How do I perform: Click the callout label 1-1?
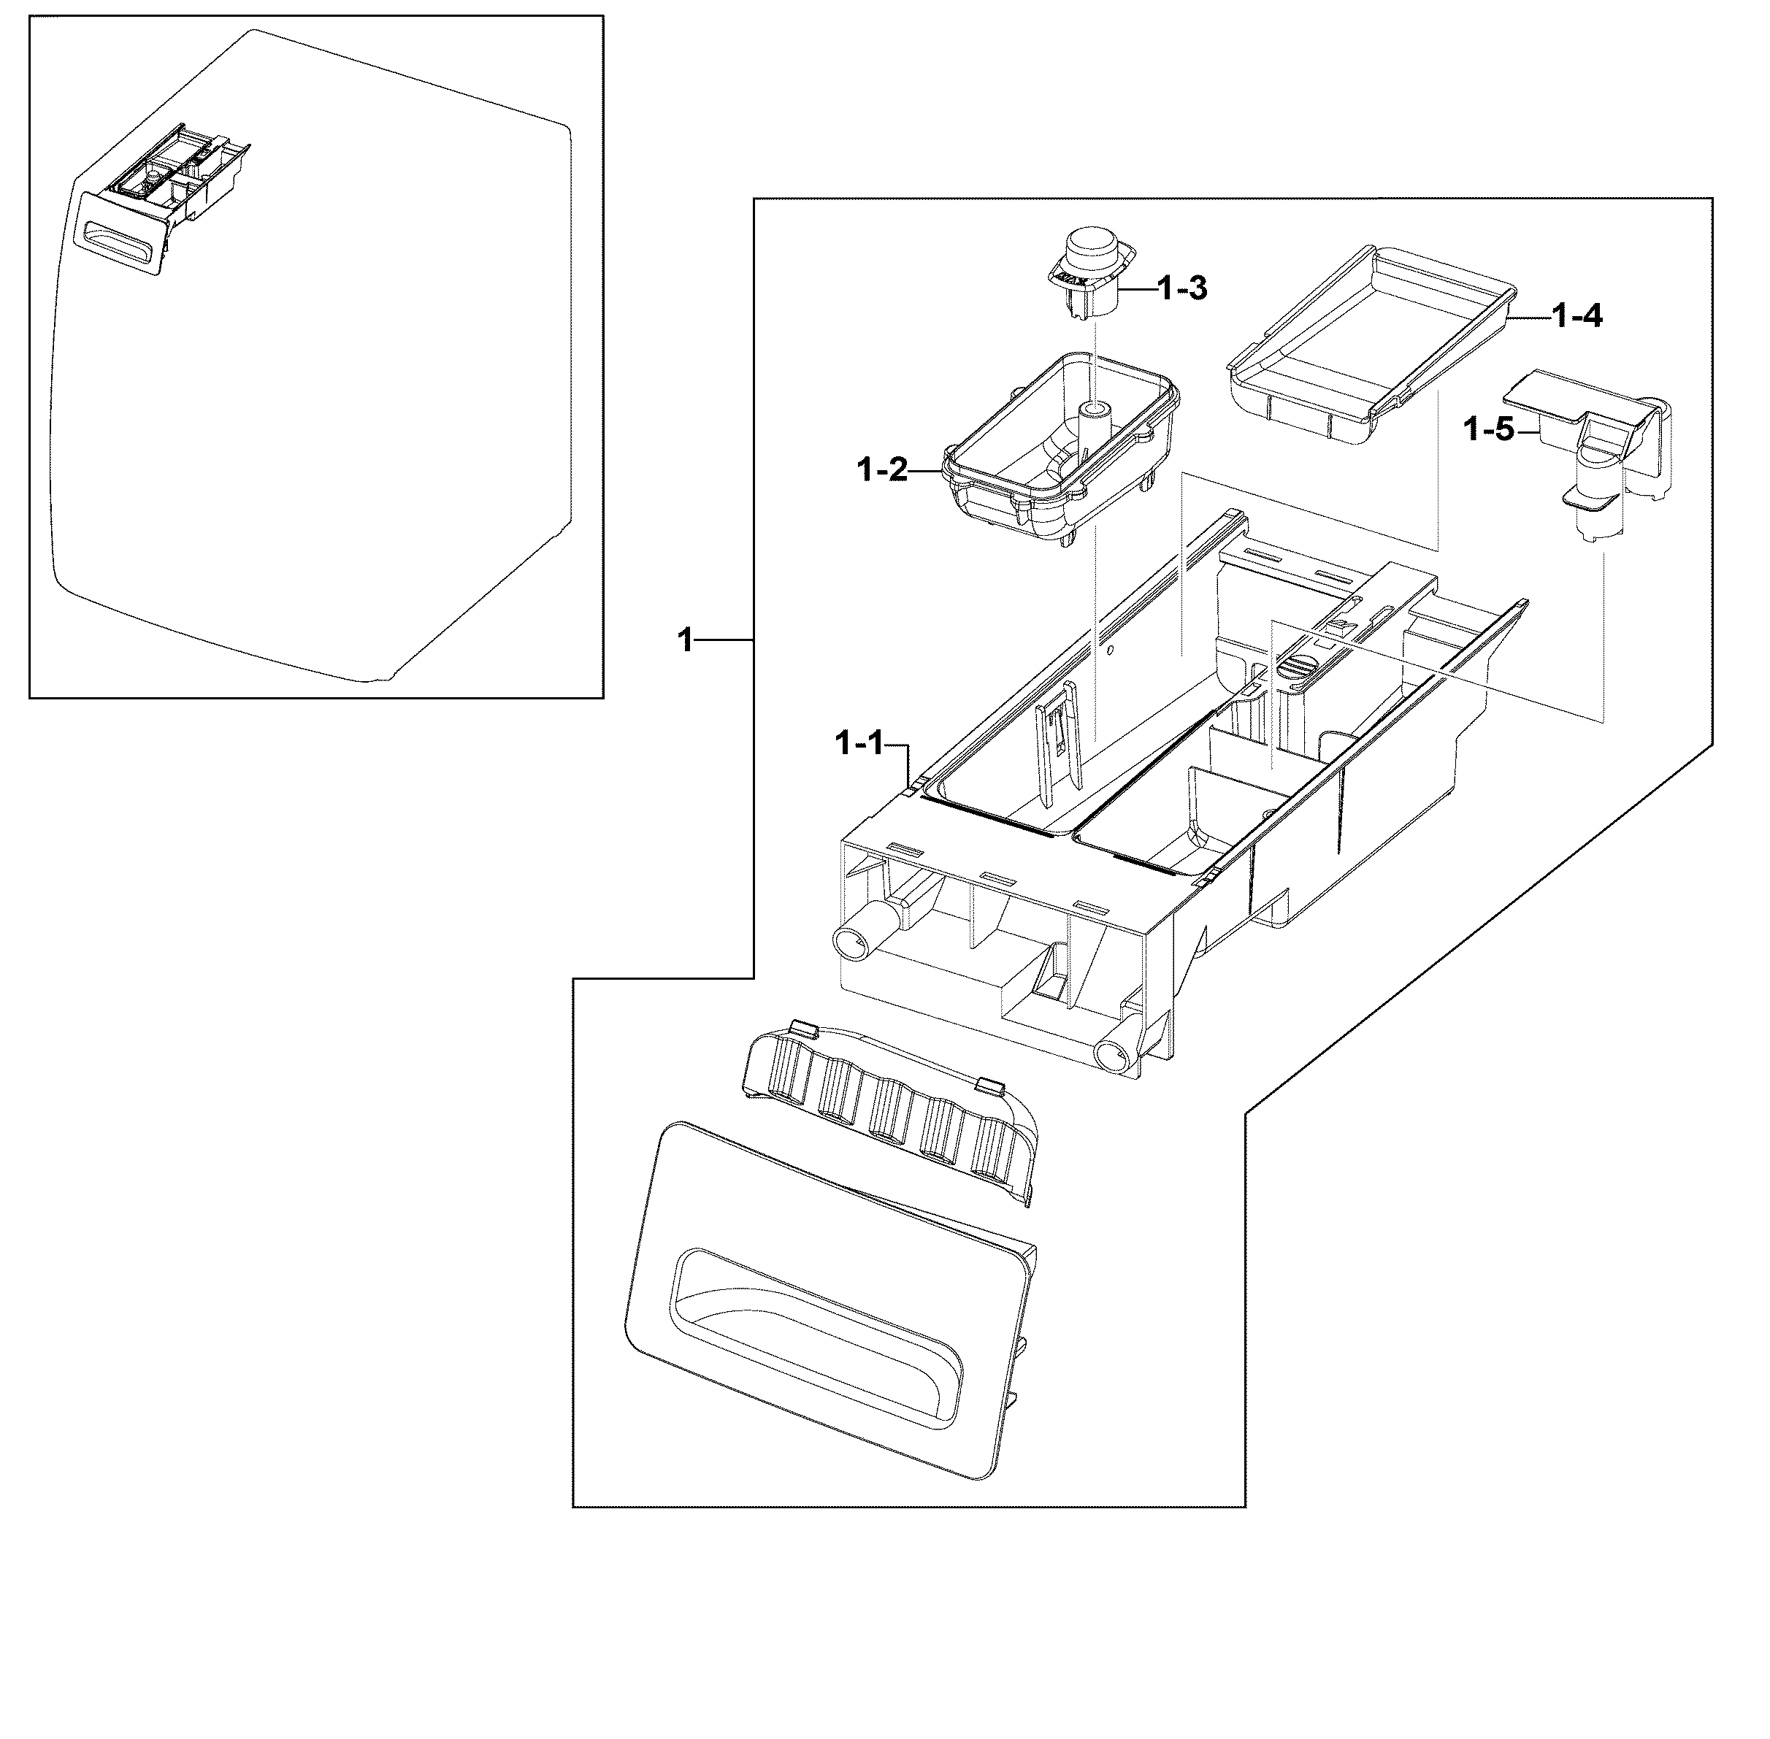tap(859, 745)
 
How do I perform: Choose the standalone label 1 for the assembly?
tap(685, 640)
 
